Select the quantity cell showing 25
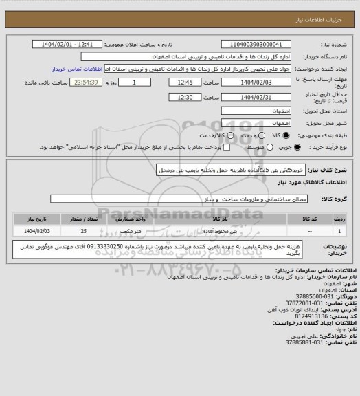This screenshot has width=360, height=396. [83, 232]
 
